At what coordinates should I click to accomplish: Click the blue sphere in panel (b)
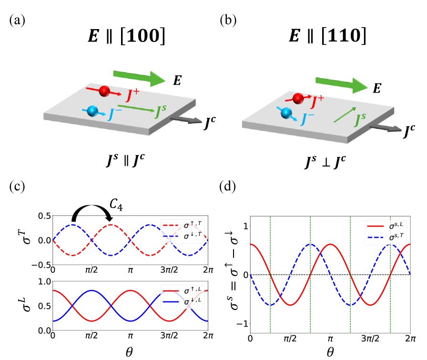point(286,113)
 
